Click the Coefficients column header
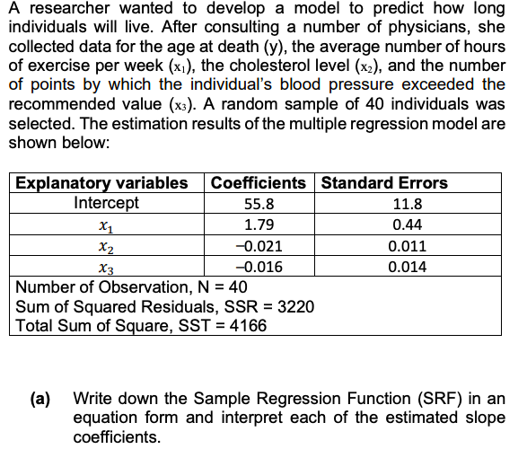coord(259,183)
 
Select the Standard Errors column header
coord(384,183)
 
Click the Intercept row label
coord(106,203)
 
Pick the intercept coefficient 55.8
coord(259,204)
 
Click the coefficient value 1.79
coord(259,224)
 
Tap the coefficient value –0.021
coord(259,246)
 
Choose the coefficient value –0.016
coord(259,267)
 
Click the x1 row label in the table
coord(106,225)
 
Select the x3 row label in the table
coord(106,268)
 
